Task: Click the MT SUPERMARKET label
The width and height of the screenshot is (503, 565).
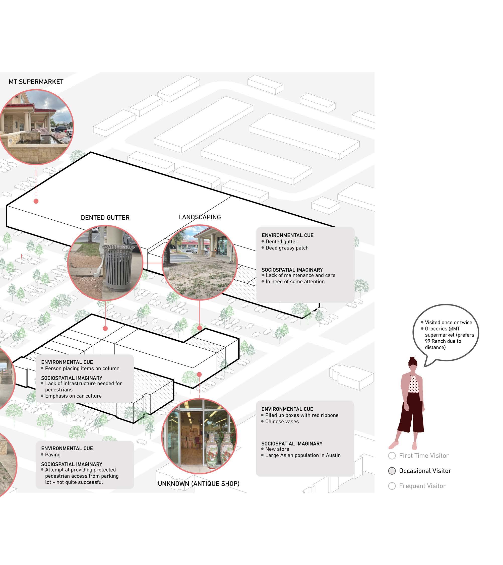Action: pos(36,82)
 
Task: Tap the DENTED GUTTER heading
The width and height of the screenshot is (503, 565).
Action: pos(105,218)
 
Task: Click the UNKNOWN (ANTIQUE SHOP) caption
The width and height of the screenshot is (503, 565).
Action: pos(199,483)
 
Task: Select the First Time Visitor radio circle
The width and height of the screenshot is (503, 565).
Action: pos(392,456)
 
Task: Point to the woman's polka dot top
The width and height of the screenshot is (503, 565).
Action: pos(413,385)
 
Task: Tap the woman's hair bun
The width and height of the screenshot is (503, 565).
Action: pos(412,359)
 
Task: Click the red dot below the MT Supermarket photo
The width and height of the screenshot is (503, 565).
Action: pos(36,201)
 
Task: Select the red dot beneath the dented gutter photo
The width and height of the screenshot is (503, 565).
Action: pos(105,328)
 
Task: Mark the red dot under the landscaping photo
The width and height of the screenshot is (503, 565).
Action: pos(200,328)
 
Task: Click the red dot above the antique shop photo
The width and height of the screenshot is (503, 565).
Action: pos(199,374)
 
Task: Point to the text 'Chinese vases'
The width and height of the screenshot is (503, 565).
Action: pos(282,421)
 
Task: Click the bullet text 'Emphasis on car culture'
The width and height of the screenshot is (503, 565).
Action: pos(73,396)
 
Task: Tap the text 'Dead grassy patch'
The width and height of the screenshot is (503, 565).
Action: pos(287,248)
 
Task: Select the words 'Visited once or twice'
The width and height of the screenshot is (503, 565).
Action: pos(448,322)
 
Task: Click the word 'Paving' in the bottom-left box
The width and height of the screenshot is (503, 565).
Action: pos(52,455)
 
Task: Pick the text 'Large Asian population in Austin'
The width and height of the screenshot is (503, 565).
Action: pos(303,455)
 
